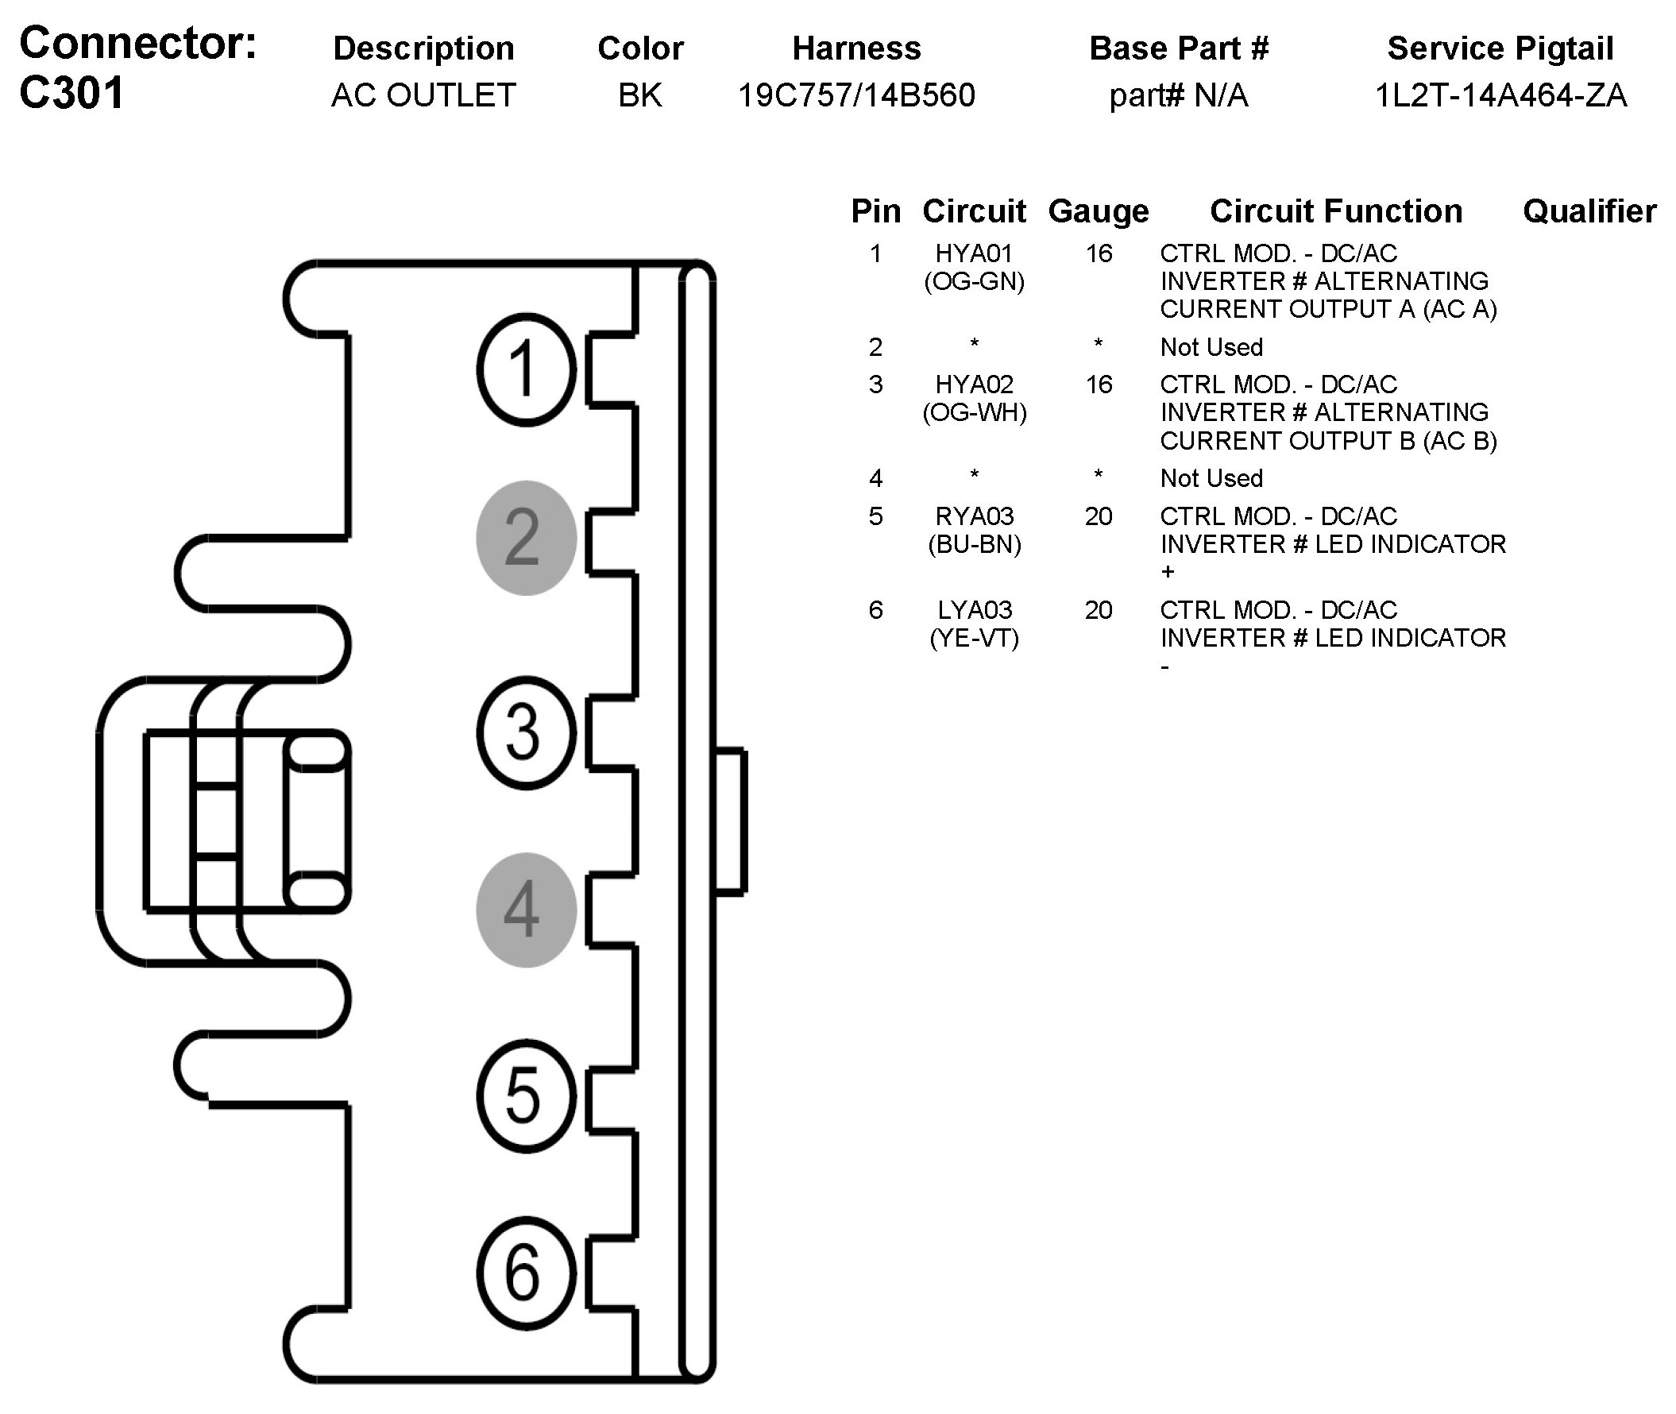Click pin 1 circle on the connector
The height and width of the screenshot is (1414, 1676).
[526, 369]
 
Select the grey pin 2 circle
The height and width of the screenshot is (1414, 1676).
[526, 538]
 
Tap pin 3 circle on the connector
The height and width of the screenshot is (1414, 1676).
[526, 732]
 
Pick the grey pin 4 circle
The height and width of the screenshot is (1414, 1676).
[526, 910]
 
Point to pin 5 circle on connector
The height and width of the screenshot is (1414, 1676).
[526, 1095]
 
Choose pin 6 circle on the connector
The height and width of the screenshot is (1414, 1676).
[526, 1273]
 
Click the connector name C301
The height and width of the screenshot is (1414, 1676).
[72, 93]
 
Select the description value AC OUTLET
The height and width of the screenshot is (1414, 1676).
[423, 95]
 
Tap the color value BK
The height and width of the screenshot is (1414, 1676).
[639, 95]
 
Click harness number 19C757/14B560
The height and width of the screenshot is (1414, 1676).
[856, 95]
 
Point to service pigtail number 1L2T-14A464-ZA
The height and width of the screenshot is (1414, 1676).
[1500, 95]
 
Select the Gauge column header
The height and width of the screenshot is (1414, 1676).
[1098, 211]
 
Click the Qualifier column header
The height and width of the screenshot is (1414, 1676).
[1589, 211]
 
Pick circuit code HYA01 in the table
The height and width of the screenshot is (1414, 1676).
[974, 253]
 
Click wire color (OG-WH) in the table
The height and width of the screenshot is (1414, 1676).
[974, 413]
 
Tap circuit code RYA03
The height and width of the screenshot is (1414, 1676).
[974, 516]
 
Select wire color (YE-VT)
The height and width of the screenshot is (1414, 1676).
[974, 639]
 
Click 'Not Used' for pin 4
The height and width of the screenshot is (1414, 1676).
[1211, 478]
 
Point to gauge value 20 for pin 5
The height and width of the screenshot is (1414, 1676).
[1098, 516]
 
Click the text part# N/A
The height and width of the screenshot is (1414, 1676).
[1178, 95]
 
